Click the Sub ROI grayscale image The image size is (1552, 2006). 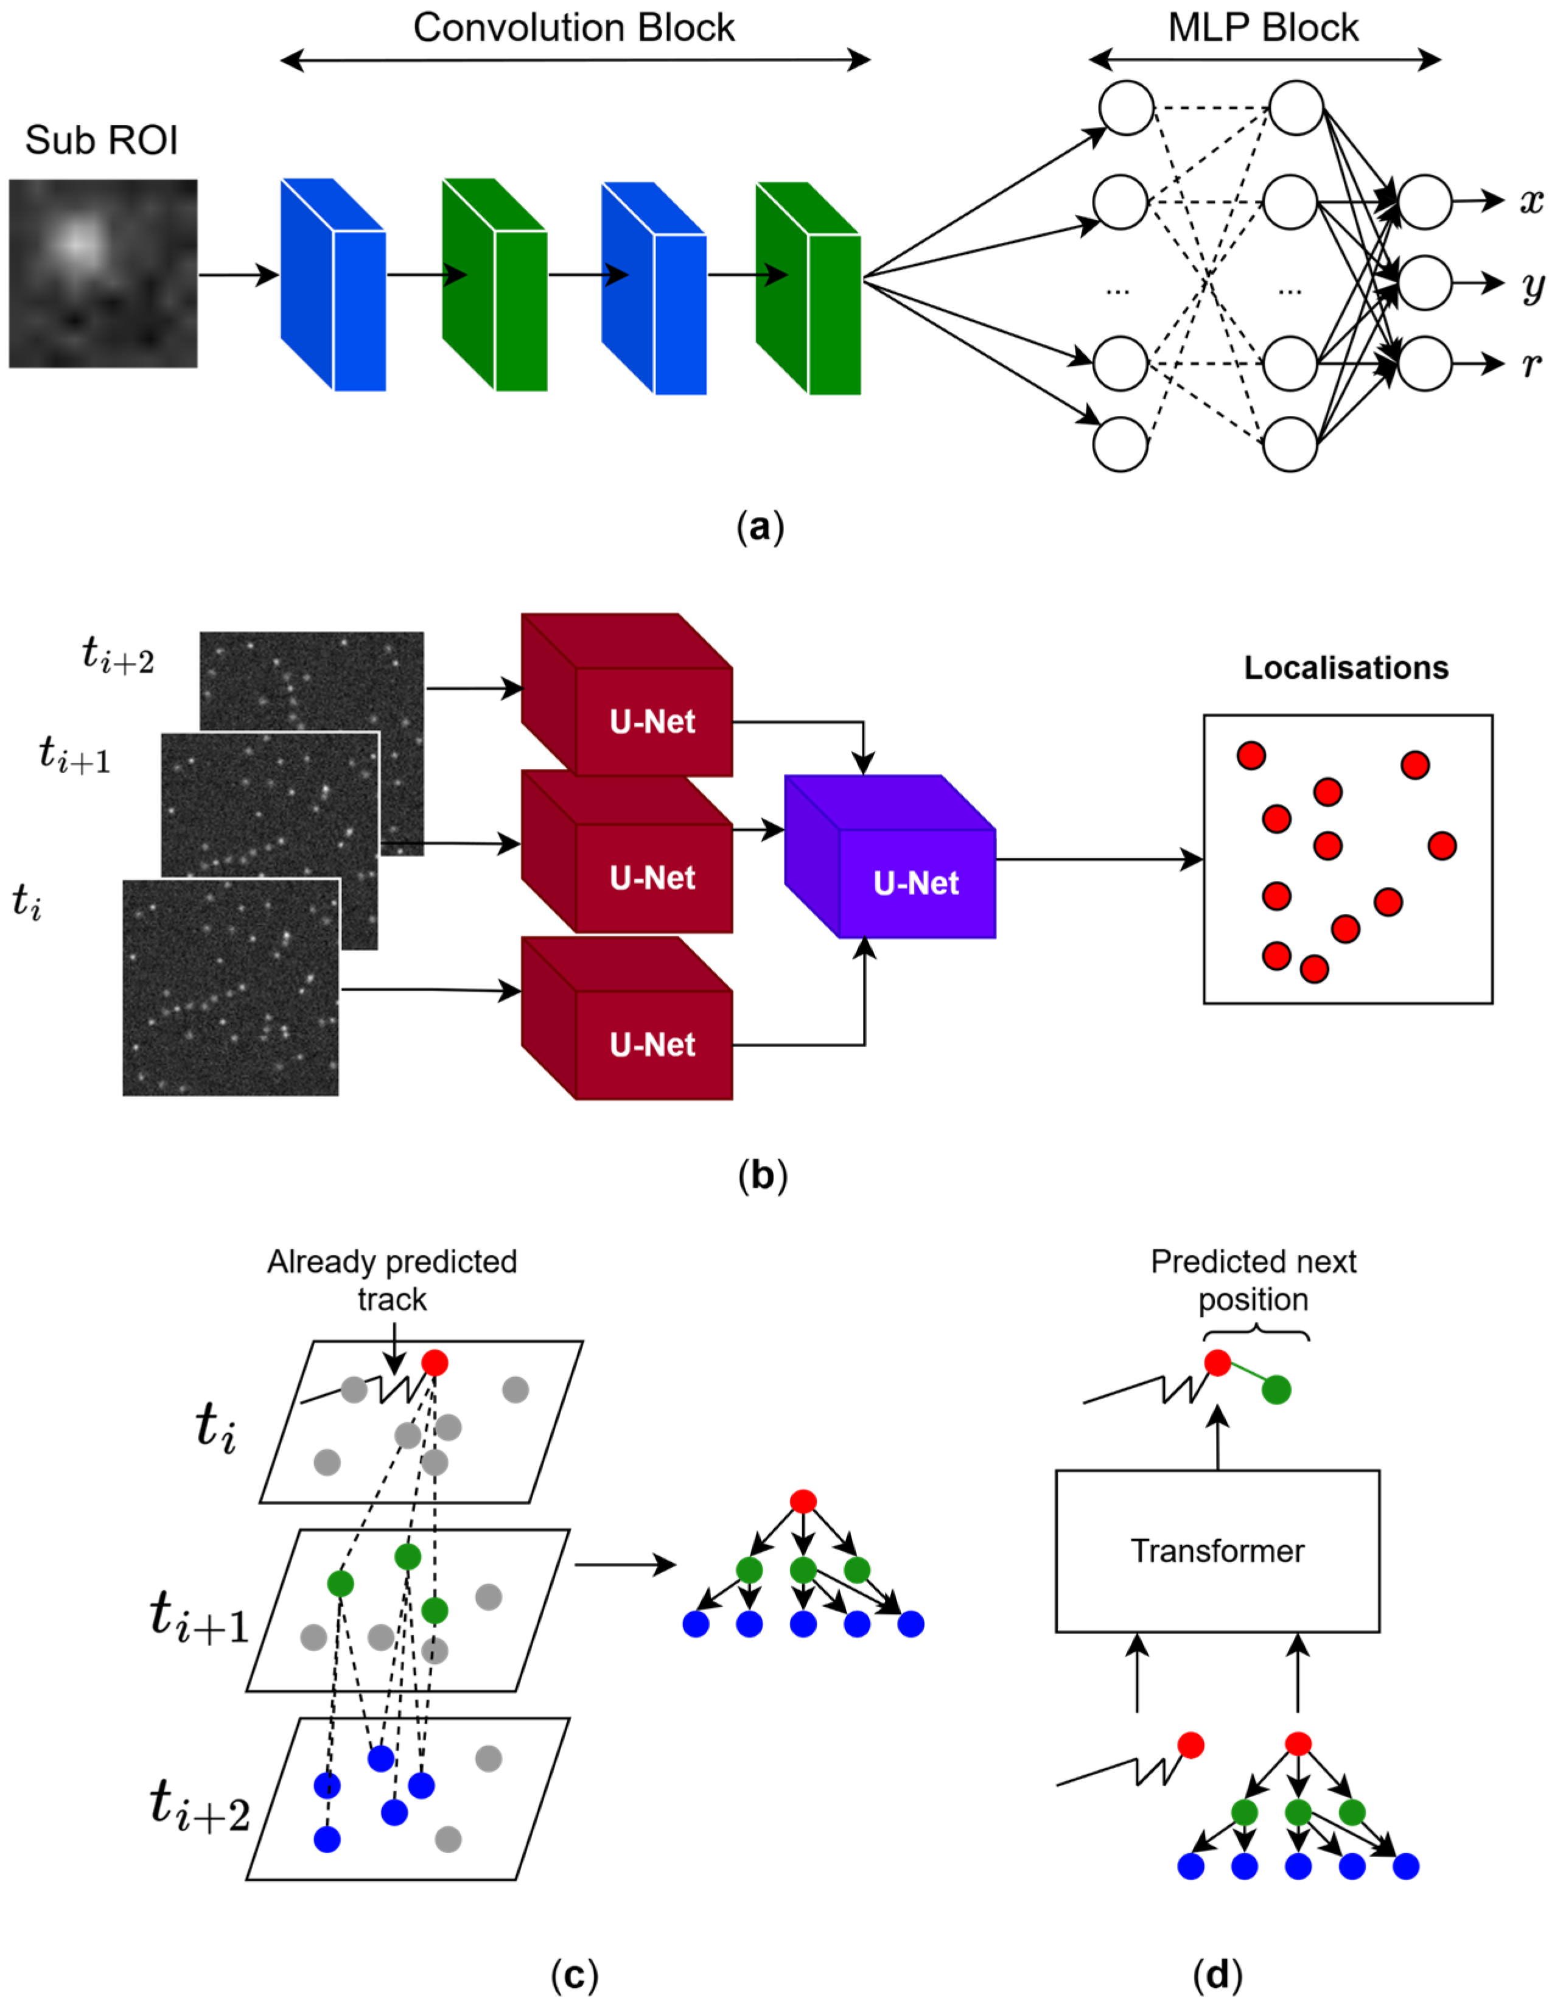tap(103, 274)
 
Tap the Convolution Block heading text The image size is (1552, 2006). tap(574, 27)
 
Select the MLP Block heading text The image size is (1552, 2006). tap(1263, 27)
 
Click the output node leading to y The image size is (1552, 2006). tap(1424, 283)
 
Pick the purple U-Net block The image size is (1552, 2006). tap(890, 856)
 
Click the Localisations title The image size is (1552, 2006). tap(1346, 668)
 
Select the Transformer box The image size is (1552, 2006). tap(1218, 1551)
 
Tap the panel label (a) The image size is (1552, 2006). tap(760, 528)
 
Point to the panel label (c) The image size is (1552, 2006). tap(574, 1974)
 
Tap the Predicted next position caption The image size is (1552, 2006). tap(1254, 1280)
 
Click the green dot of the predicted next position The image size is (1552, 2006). tap(1276, 1390)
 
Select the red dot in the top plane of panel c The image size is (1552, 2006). tap(435, 1363)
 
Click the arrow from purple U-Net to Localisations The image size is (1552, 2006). tap(1099, 860)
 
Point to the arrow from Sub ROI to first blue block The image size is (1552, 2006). tap(239, 274)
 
